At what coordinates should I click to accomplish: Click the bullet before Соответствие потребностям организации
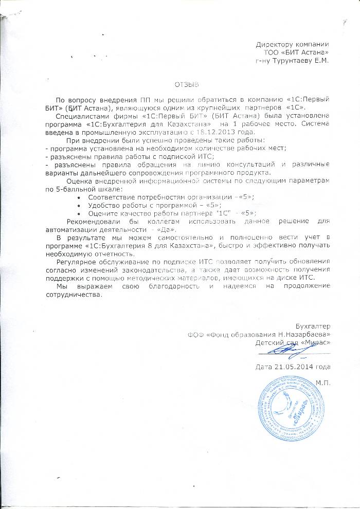pos(78,197)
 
